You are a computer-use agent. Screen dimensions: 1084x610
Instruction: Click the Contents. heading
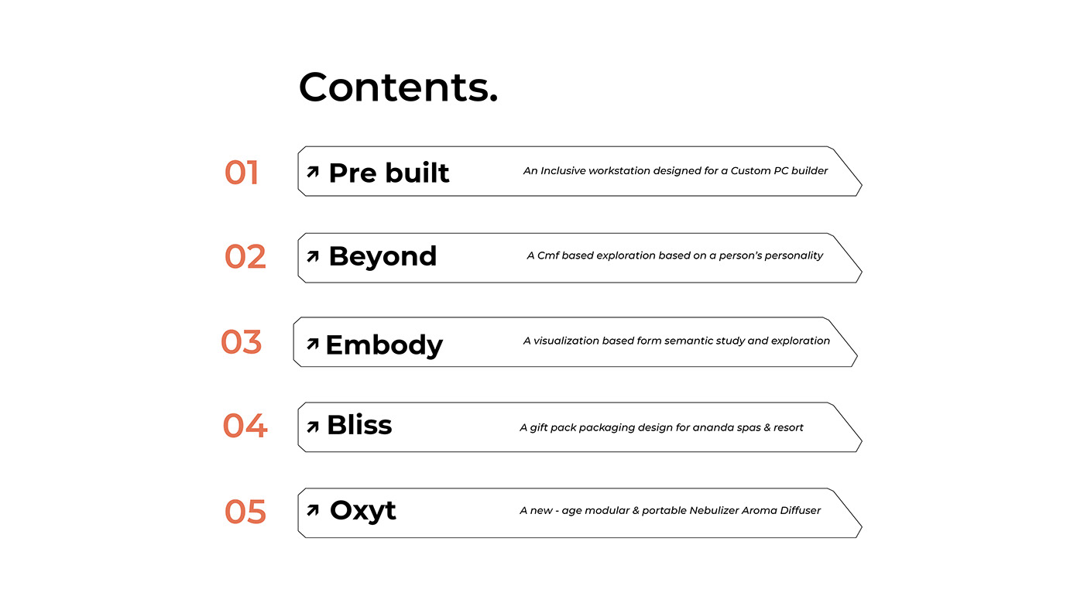tap(398, 87)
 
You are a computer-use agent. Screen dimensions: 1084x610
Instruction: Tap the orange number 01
tap(242, 173)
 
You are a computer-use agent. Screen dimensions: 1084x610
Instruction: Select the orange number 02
tap(245, 256)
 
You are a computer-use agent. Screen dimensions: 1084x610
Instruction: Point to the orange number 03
tap(241, 342)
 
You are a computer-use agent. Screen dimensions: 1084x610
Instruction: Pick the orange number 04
tap(245, 426)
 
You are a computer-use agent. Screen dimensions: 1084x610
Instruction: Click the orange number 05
tap(245, 512)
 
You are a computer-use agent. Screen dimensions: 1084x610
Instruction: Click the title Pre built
tap(389, 173)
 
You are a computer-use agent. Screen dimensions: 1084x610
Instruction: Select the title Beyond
tap(382, 256)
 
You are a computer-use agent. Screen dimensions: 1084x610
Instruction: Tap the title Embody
tap(384, 345)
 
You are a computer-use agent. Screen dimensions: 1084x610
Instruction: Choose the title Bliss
tap(359, 425)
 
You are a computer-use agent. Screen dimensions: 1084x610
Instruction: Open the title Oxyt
tap(363, 511)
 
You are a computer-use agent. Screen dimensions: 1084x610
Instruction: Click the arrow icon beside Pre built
tap(313, 172)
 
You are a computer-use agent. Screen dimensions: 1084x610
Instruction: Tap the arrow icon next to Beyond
tap(313, 256)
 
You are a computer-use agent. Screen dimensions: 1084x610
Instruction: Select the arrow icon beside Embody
tap(313, 344)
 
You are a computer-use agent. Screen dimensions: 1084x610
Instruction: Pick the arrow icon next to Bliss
tap(313, 427)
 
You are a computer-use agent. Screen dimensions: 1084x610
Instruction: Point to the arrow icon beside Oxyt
tap(313, 510)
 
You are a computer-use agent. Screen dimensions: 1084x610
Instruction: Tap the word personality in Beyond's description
tap(795, 256)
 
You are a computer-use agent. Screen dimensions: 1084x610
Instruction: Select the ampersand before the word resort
tap(767, 427)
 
